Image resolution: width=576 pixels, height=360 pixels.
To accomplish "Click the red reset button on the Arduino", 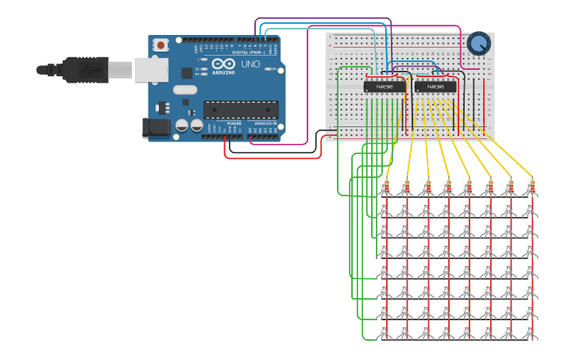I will coord(161,45).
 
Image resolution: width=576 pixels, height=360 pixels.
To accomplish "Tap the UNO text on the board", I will coord(250,64).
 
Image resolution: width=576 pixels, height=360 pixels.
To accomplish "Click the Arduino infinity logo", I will coord(222,63).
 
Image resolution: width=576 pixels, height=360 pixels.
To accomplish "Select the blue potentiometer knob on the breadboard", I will coord(479,44).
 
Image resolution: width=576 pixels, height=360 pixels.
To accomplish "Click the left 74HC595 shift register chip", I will coord(385,86).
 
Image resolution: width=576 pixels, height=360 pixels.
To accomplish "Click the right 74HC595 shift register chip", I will coord(435,86).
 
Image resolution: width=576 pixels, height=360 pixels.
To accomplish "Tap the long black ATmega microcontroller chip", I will coord(241,110).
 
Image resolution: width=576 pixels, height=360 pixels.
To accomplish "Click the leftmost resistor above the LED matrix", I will coord(386,188).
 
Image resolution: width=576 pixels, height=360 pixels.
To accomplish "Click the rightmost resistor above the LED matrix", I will coord(530,188).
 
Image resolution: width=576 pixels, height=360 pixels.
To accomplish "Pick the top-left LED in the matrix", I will coord(386,208).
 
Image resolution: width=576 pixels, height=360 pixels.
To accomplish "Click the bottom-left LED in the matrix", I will coord(386,330).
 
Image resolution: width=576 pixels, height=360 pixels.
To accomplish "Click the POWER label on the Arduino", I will coord(234,124).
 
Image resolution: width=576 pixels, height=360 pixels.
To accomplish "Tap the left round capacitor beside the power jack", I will coord(182,126).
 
